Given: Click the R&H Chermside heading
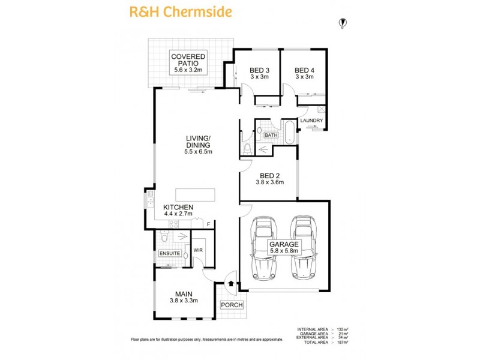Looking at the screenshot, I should click(x=173, y=11).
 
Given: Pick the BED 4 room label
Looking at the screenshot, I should click(x=304, y=73).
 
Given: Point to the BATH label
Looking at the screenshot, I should click(x=271, y=136).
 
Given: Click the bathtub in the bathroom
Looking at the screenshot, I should click(x=290, y=132).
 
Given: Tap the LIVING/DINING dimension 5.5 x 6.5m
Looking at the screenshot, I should click(x=198, y=152).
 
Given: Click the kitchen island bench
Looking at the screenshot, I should click(x=195, y=195).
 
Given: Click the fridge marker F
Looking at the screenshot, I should click(x=208, y=224).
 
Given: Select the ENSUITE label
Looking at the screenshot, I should click(x=170, y=254).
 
